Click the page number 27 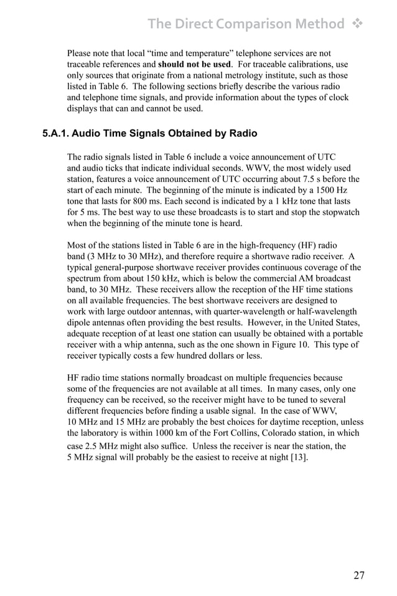pyautogui.click(x=359, y=575)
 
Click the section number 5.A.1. pyautogui.click(x=61, y=133)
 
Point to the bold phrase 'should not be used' pyautogui.click(x=194, y=64)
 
